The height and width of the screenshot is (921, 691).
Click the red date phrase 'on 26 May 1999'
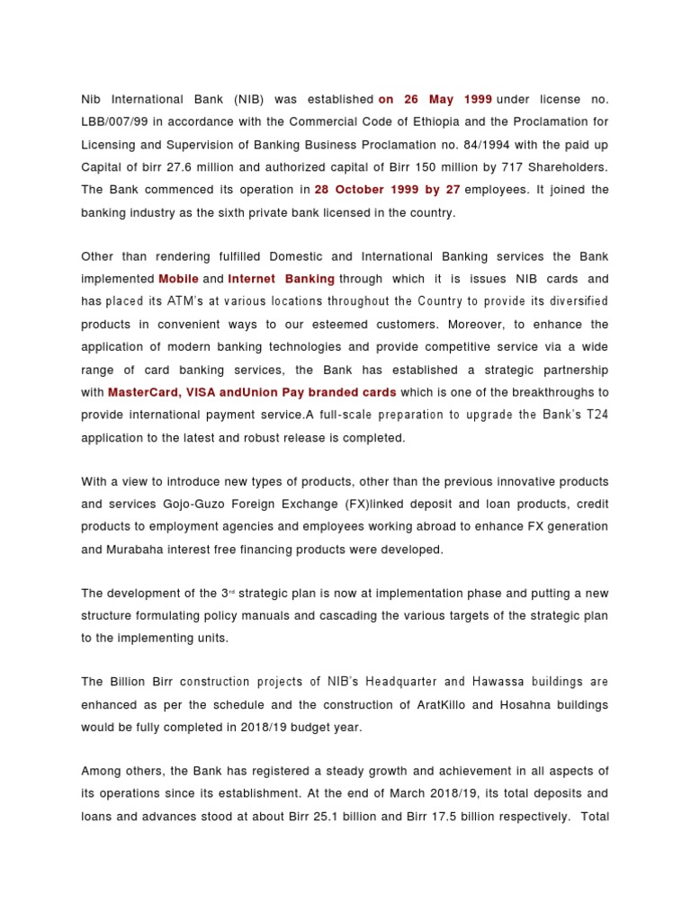(x=435, y=97)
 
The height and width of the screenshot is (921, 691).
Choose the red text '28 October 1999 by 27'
(x=387, y=190)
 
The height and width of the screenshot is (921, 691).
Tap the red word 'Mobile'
(x=178, y=279)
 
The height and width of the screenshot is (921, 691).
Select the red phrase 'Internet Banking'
(x=281, y=279)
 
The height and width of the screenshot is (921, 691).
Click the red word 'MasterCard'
(x=142, y=392)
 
